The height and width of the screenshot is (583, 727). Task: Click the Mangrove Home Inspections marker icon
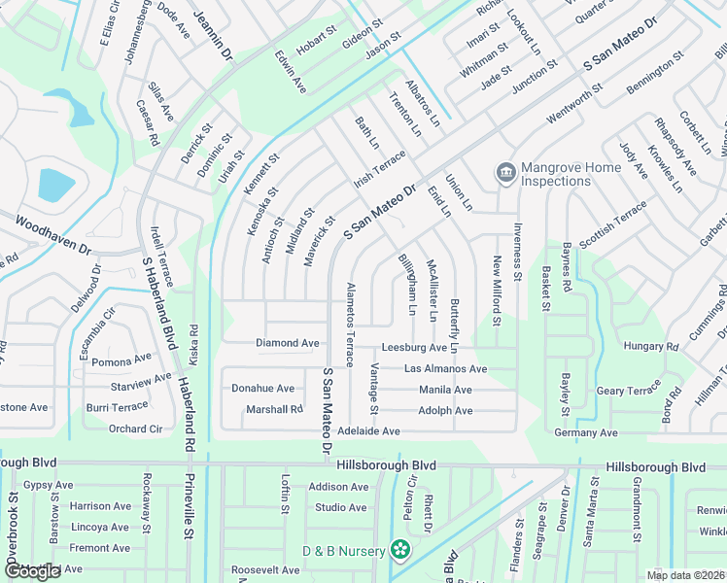(x=505, y=173)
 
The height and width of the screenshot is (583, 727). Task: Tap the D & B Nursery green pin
(x=399, y=550)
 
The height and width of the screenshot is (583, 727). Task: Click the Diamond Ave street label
(x=288, y=343)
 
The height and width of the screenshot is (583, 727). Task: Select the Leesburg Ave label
(x=414, y=347)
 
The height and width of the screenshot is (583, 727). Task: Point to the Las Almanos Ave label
(x=445, y=369)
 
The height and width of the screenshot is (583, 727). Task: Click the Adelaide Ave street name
(x=369, y=430)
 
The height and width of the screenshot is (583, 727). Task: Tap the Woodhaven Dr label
(x=52, y=236)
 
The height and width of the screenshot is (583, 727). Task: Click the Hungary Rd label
(x=651, y=346)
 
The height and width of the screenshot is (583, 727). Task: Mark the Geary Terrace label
(x=628, y=390)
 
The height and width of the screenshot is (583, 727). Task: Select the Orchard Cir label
(x=135, y=429)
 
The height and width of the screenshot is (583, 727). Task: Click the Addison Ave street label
(x=338, y=487)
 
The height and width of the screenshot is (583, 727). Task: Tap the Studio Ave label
(x=340, y=507)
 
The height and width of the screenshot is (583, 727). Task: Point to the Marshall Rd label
(x=274, y=409)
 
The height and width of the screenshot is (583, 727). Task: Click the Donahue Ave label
(x=262, y=388)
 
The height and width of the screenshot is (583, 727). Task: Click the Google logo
(x=32, y=571)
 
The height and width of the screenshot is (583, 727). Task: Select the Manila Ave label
(x=445, y=390)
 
